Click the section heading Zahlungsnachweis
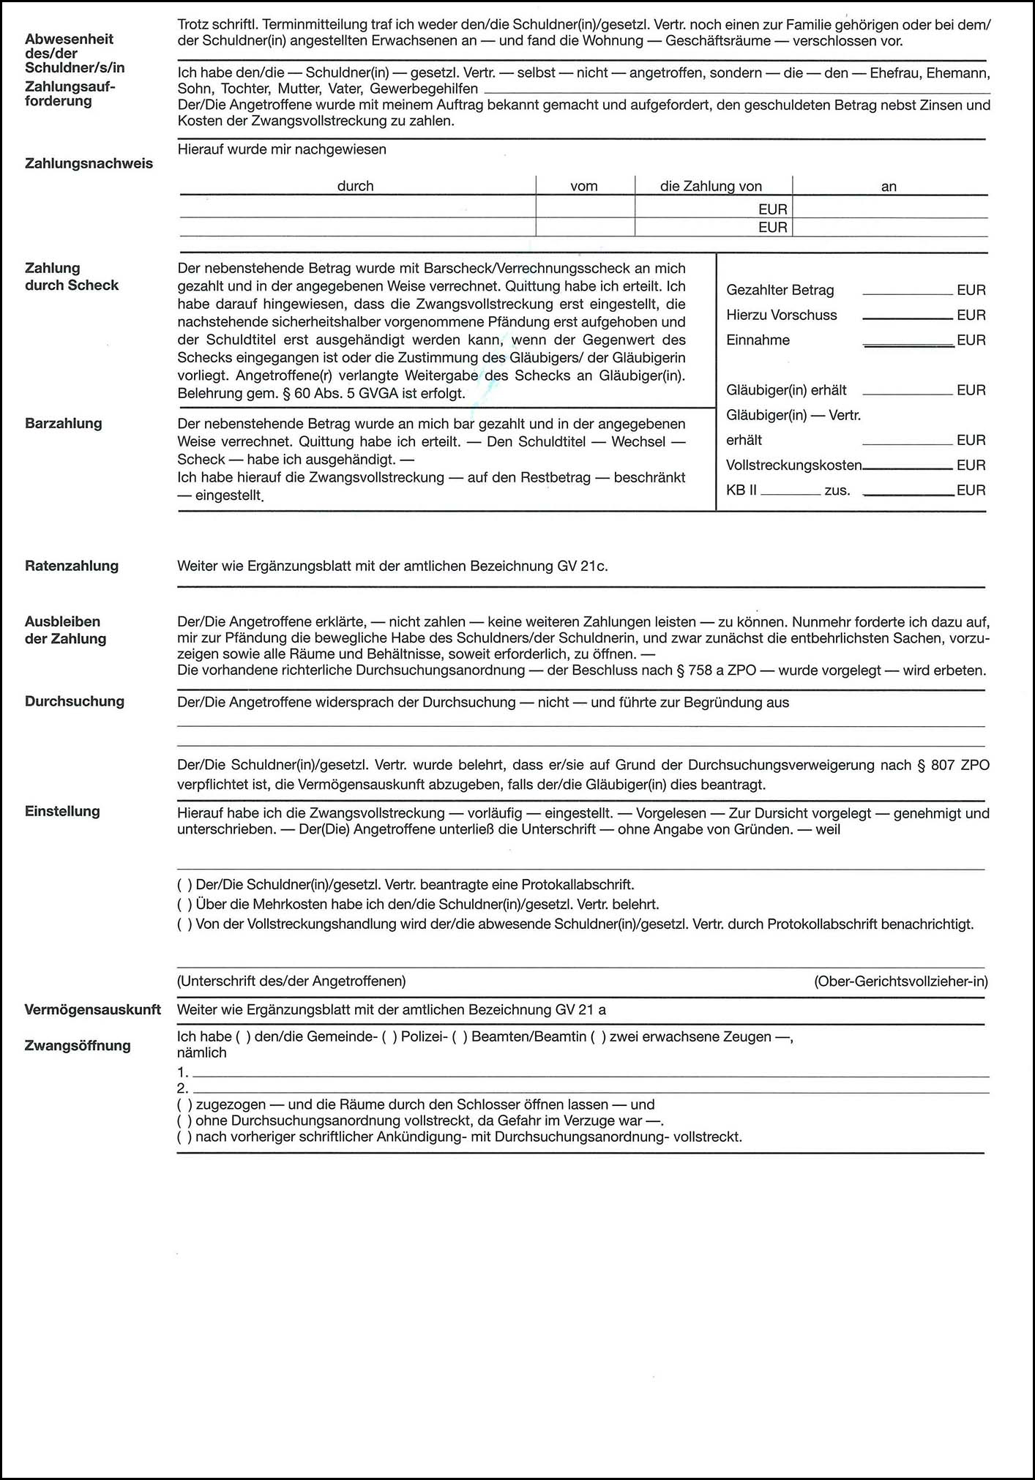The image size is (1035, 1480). (x=89, y=163)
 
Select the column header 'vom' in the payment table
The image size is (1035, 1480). (x=584, y=186)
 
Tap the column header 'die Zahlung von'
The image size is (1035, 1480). (x=711, y=186)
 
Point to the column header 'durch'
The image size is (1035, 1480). (x=355, y=186)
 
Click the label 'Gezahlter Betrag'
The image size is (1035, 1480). (x=780, y=290)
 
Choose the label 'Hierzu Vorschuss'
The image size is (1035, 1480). (x=781, y=315)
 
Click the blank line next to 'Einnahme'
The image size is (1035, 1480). (x=908, y=341)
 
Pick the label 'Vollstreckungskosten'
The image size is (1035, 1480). (x=793, y=465)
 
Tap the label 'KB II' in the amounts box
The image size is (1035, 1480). (x=741, y=490)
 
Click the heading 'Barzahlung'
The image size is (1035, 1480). (x=64, y=423)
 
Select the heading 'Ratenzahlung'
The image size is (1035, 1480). (x=72, y=566)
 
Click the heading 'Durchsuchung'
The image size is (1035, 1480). (x=75, y=701)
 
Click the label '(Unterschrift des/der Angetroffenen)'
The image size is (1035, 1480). (x=291, y=981)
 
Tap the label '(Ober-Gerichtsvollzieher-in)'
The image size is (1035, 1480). (x=900, y=981)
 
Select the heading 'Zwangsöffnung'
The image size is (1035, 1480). (x=78, y=1045)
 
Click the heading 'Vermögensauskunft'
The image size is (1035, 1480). (x=93, y=1009)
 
